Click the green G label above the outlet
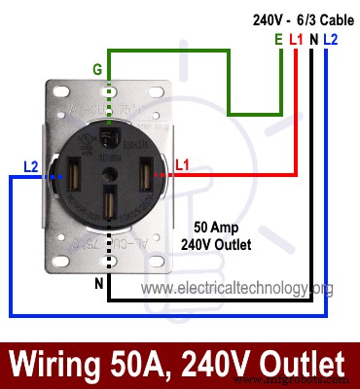pos(96,69)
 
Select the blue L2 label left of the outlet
pos(29,167)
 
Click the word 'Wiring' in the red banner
pos(58,365)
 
